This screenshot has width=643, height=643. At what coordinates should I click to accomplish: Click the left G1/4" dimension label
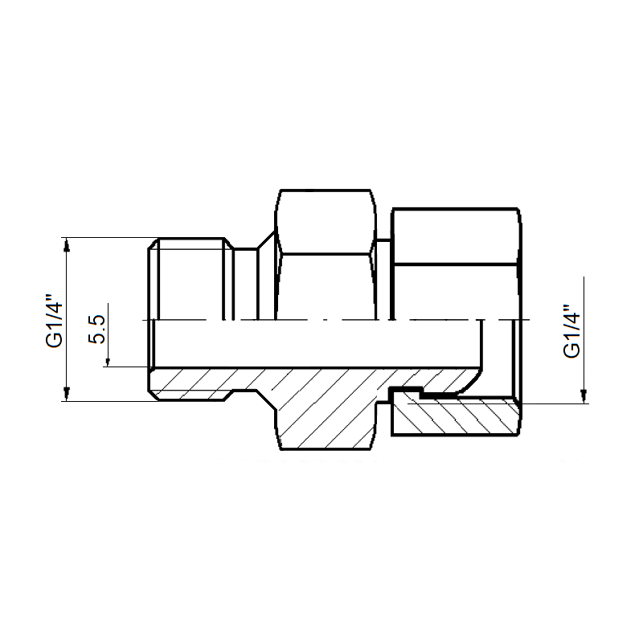tap(55, 320)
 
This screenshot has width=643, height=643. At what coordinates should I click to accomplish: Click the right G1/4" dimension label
tap(572, 330)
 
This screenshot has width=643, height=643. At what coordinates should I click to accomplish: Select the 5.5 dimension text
tap(97, 330)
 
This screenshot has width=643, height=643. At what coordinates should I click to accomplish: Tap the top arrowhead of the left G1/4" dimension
tap(68, 245)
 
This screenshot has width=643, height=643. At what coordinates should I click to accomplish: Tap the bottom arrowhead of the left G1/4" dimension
tap(68, 394)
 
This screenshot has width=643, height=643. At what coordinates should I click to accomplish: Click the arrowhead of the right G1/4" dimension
tap(584, 396)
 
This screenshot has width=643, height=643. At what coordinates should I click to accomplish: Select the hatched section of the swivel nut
tap(455, 414)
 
